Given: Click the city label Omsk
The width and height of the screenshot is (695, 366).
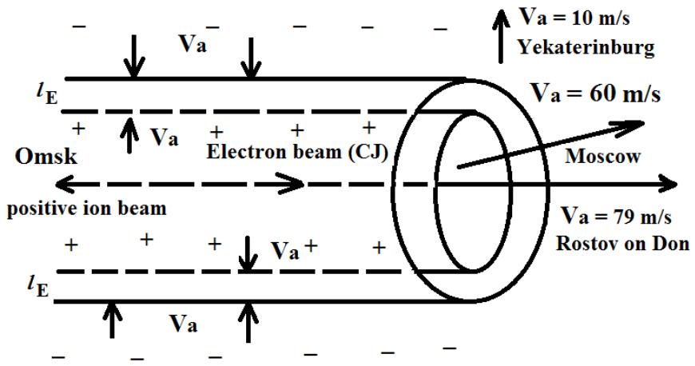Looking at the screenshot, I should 45,157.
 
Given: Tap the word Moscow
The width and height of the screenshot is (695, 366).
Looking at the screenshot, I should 602,157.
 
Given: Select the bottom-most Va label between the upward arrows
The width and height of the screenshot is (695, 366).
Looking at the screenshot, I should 185,325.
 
